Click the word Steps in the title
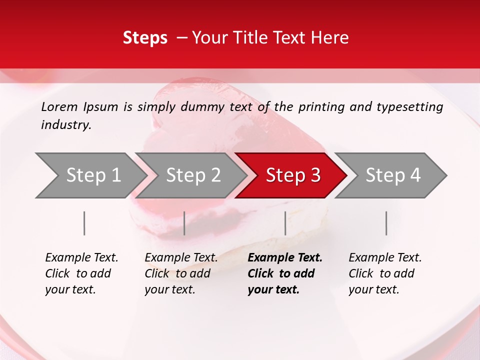(145, 38)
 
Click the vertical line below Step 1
(84, 223)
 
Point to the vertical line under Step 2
(184, 223)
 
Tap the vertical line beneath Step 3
(285, 223)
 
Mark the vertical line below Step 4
(386, 223)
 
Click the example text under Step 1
(81, 273)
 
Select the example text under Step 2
(180, 273)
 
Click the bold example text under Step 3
(284, 273)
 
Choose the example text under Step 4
(384, 273)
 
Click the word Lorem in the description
(59, 107)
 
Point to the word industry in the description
(66, 125)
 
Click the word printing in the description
(320, 107)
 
